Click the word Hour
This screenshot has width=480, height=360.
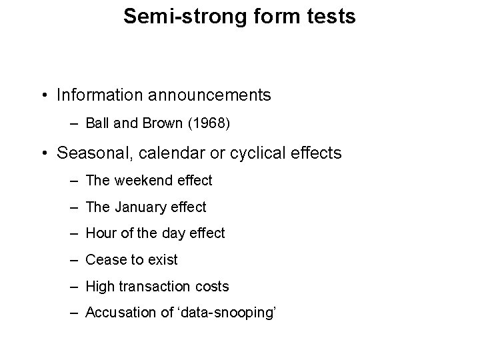[x=101, y=233]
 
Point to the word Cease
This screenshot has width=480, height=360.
[x=105, y=260]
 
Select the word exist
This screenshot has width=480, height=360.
[x=163, y=260]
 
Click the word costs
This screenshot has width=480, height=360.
[x=213, y=287]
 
